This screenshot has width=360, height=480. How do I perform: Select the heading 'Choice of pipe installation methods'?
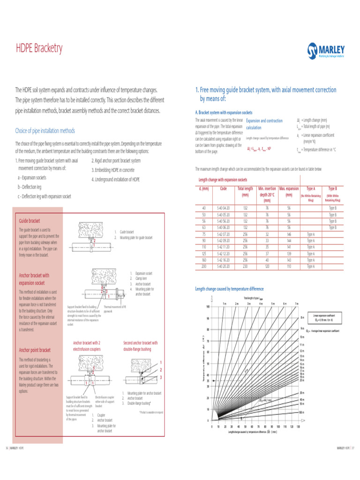click(x=45, y=131)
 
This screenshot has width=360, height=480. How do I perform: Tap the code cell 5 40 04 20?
click(x=224, y=208)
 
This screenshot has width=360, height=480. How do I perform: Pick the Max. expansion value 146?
click(x=289, y=234)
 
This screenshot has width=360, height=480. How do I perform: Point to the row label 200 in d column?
click(x=204, y=267)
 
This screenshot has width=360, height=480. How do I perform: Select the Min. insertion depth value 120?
click(x=267, y=267)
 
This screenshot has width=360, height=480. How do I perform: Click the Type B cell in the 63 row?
click(x=332, y=227)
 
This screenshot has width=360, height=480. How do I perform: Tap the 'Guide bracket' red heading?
click(x=30, y=221)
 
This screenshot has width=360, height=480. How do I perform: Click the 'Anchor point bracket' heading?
click(x=35, y=350)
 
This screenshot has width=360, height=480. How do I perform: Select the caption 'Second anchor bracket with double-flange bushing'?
click(x=141, y=346)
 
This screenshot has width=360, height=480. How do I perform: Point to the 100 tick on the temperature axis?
click(x=208, y=307)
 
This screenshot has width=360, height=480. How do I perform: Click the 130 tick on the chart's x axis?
click(x=298, y=427)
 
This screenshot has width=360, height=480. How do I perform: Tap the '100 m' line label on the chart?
click(x=302, y=412)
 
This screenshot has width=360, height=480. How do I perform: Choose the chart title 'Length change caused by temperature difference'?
click(x=229, y=289)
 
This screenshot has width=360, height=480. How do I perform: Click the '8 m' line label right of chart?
click(x=302, y=318)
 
